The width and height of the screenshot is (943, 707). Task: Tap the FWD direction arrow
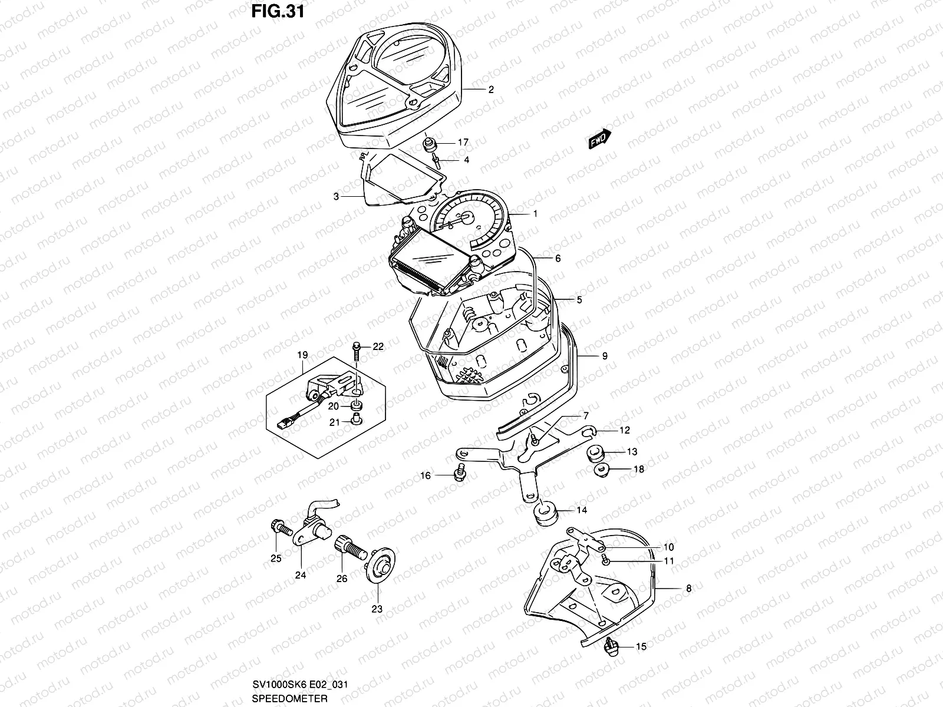point(600,139)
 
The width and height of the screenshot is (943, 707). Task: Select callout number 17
point(463,143)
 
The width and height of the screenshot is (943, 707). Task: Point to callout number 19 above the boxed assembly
point(302,355)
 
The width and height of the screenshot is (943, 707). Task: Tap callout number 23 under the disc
point(377,609)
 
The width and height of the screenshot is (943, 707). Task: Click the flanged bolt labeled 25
point(279,527)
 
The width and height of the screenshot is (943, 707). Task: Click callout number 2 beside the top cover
point(490,90)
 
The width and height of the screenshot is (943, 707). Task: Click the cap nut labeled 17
point(430,143)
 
